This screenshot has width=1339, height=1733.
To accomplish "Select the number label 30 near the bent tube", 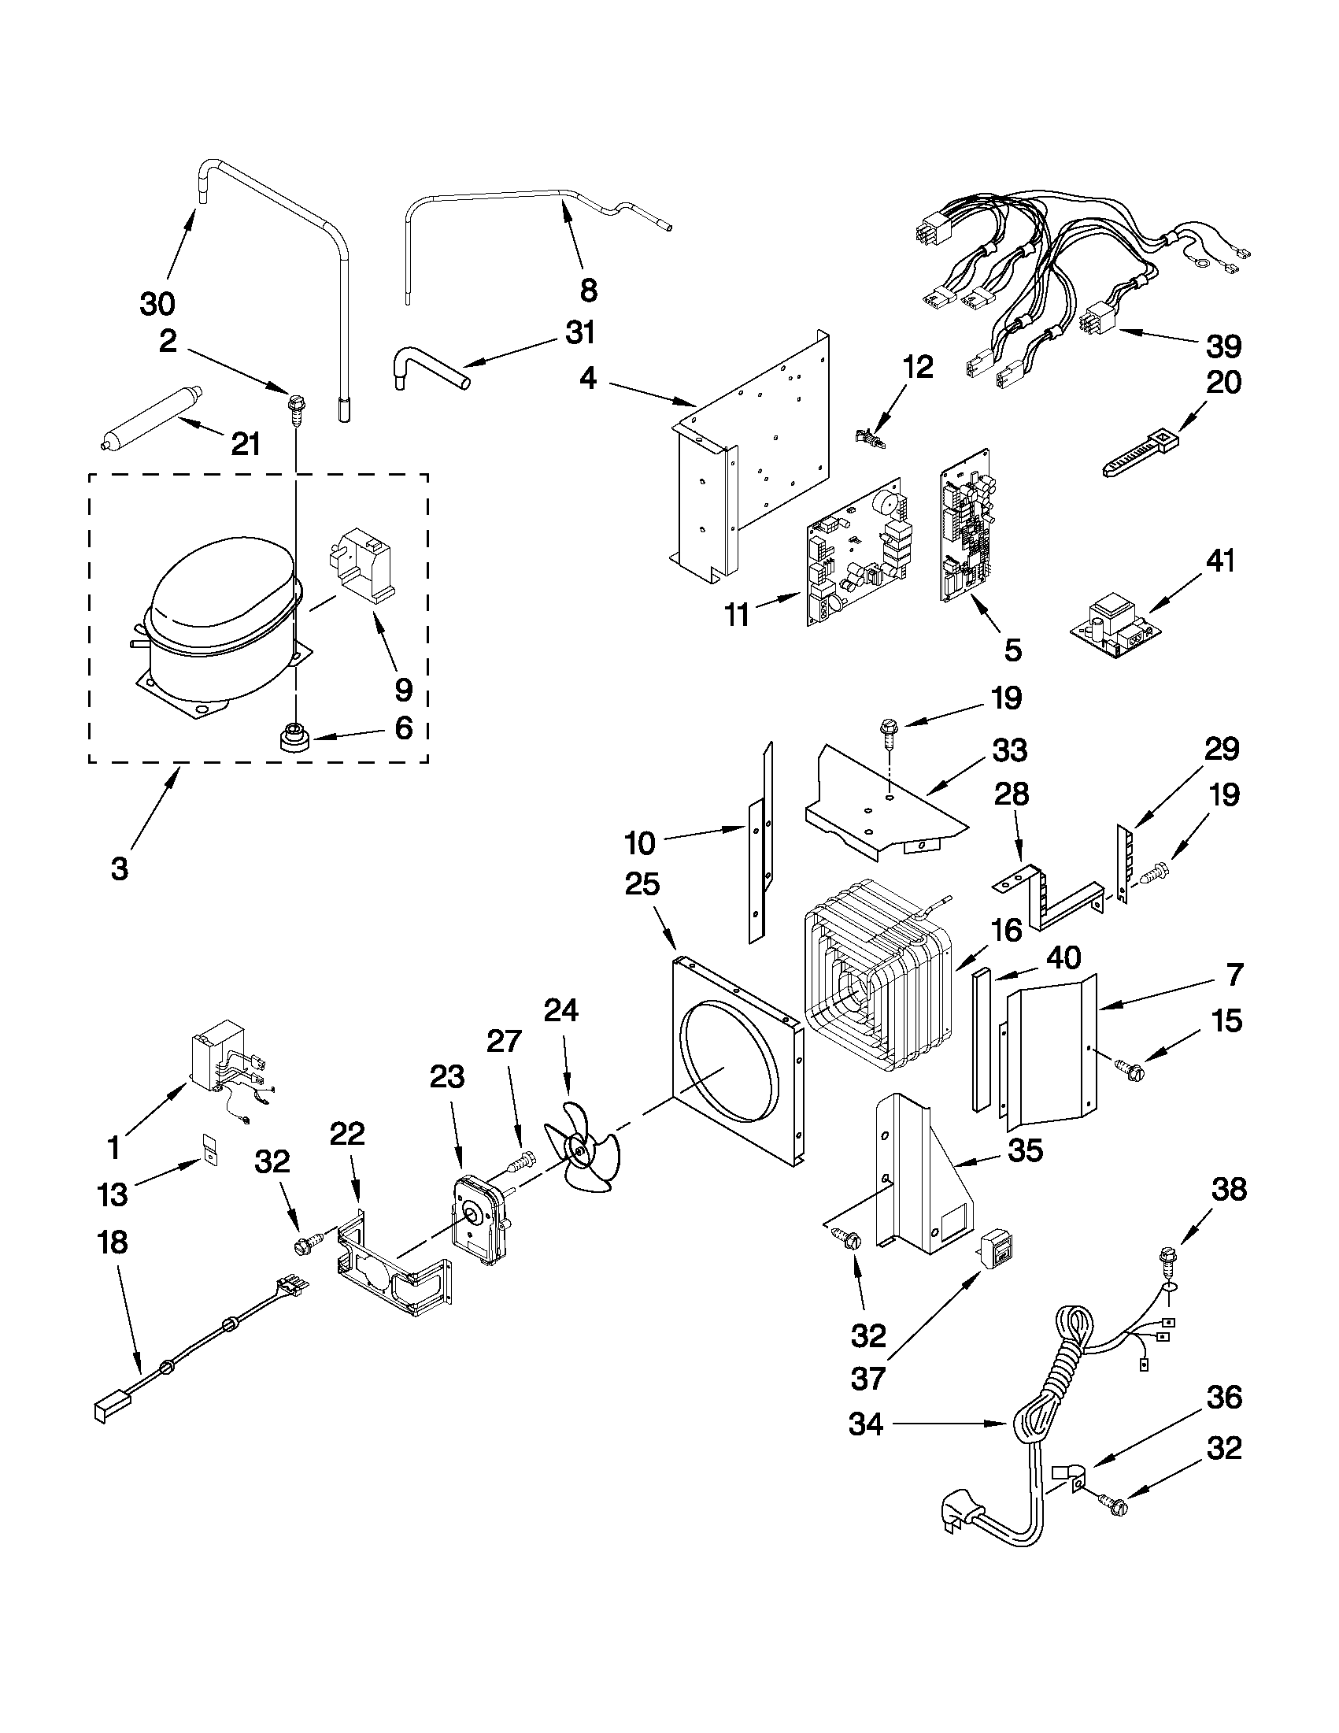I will tap(157, 303).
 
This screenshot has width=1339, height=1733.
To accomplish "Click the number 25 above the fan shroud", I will tap(642, 883).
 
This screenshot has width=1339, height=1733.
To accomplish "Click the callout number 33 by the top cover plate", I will tap(1009, 750).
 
